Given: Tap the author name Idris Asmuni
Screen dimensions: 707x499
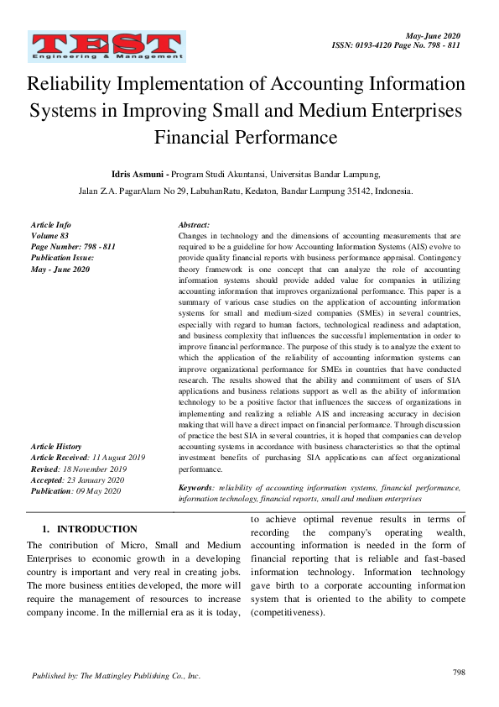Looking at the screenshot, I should (137, 174).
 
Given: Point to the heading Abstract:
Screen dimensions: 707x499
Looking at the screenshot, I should (195, 226).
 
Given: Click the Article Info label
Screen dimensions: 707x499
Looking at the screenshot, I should (51, 226).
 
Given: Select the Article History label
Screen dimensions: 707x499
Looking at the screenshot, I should (56, 446).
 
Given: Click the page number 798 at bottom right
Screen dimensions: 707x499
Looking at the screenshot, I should (458, 672).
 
